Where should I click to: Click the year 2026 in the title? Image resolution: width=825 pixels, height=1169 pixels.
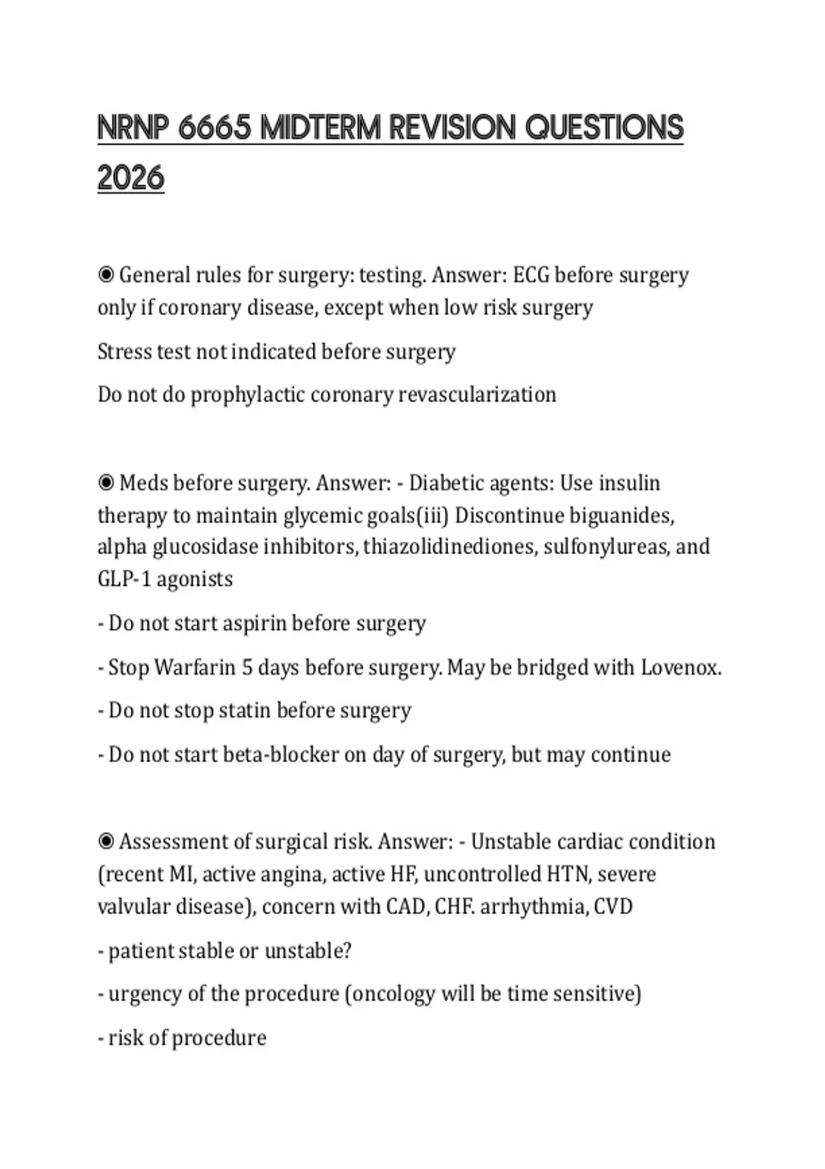131,178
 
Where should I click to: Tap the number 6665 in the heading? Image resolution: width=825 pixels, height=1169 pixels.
214,128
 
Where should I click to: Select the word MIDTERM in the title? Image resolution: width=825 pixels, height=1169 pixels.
320,128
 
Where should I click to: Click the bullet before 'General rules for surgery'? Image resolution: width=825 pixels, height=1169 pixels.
106,276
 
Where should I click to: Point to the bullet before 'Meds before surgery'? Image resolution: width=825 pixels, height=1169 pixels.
106,483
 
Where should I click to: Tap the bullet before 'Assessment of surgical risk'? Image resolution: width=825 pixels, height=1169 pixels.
106,842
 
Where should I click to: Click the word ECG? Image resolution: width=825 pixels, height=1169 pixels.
531,275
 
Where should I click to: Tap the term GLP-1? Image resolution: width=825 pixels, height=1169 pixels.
124,579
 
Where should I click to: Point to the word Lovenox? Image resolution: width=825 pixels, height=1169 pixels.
680,668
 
